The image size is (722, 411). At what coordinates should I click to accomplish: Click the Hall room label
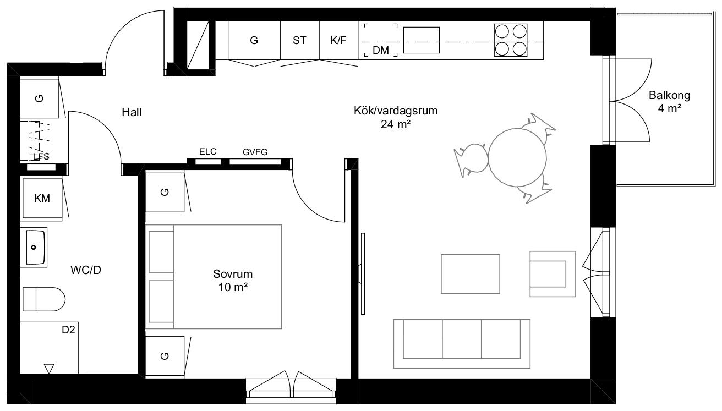(x=132, y=112)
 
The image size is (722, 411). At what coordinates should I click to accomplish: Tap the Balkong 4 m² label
(x=669, y=102)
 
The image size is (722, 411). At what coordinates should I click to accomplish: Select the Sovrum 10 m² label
(x=233, y=281)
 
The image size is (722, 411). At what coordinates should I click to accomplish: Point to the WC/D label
(x=86, y=270)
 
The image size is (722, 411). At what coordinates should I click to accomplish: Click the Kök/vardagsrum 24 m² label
(x=396, y=117)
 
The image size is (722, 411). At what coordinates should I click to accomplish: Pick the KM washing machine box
(x=42, y=198)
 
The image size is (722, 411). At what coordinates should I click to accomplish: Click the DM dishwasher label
(x=381, y=50)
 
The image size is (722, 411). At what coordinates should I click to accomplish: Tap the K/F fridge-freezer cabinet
(x=338, y=40)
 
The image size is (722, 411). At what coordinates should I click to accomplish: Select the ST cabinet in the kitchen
(x=299, y=40)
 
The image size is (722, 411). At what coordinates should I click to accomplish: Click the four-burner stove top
(x=511, y=40)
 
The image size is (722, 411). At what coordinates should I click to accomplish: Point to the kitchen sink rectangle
(x=422, y=40)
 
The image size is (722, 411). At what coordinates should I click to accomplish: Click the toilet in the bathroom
(x=44, y=299)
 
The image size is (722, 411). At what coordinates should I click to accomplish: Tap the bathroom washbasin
(x=34, y=247)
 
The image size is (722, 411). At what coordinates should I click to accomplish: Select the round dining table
(x=517, y=157)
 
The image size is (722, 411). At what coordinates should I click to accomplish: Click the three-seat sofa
(x=462, y=344)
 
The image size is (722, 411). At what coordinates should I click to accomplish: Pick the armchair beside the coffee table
(x=553, y=274)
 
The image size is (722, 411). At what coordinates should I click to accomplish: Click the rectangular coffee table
(x=471, y=274)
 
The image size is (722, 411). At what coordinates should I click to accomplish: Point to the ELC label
(x=207, y=151)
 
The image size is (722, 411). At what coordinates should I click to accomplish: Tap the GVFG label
(x=255, y=152)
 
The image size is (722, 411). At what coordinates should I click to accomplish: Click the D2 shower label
(x=68, y=330)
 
